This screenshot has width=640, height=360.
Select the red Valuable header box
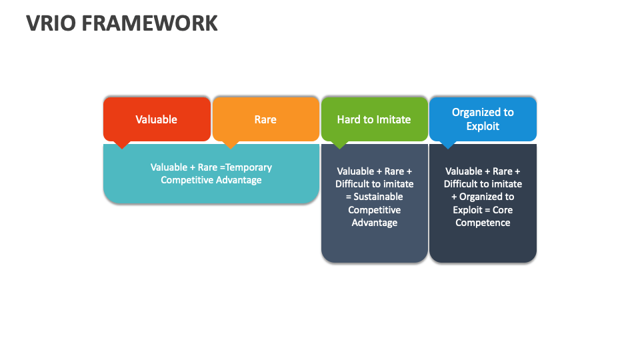[157, 119]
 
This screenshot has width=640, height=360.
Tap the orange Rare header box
[265, 119]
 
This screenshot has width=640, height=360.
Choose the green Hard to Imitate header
[374, 119]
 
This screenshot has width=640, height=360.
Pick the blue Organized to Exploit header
[483, 119]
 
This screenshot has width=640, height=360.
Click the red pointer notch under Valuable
[122, 144]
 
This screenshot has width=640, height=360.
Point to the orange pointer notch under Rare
[231, 144]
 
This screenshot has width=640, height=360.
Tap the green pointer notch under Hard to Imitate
[339, 144]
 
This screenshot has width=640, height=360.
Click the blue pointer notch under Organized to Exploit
[448, 144]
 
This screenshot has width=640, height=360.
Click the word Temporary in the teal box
[249, 167]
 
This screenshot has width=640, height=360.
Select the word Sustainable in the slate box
[378, 197]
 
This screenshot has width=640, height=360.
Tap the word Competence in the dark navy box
[483, 223]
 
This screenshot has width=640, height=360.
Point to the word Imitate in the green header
[393, 120]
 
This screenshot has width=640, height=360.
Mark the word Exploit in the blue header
[483, 126]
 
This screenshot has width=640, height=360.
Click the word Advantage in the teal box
[238, 180]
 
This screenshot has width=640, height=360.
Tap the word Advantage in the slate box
[374, 223]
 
